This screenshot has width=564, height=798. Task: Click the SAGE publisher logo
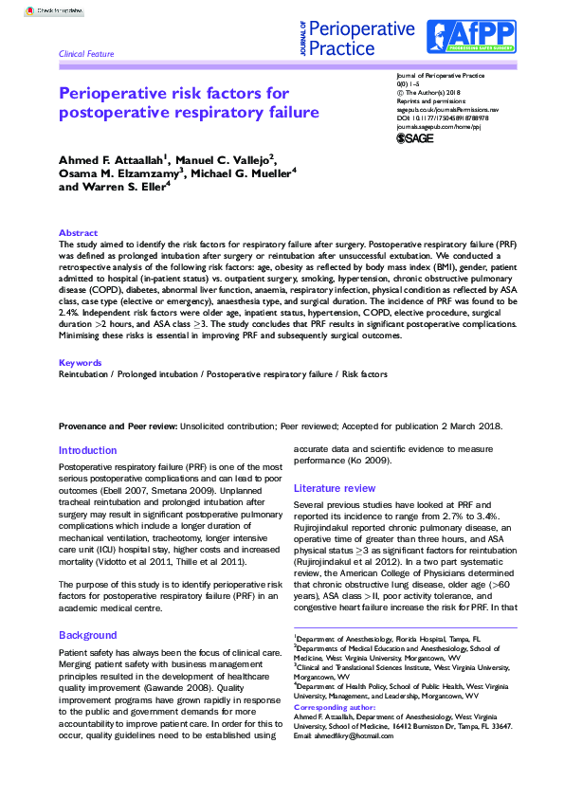[414, 137]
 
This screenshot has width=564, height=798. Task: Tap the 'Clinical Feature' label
[86, 54]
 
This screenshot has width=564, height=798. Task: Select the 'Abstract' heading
[78, 232]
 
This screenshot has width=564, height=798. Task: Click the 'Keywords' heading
[81, 363]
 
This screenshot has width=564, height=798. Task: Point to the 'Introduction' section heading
[87, 450]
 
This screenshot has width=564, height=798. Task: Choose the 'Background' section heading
[87, 608]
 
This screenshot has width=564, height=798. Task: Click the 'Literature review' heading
[335, 488]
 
